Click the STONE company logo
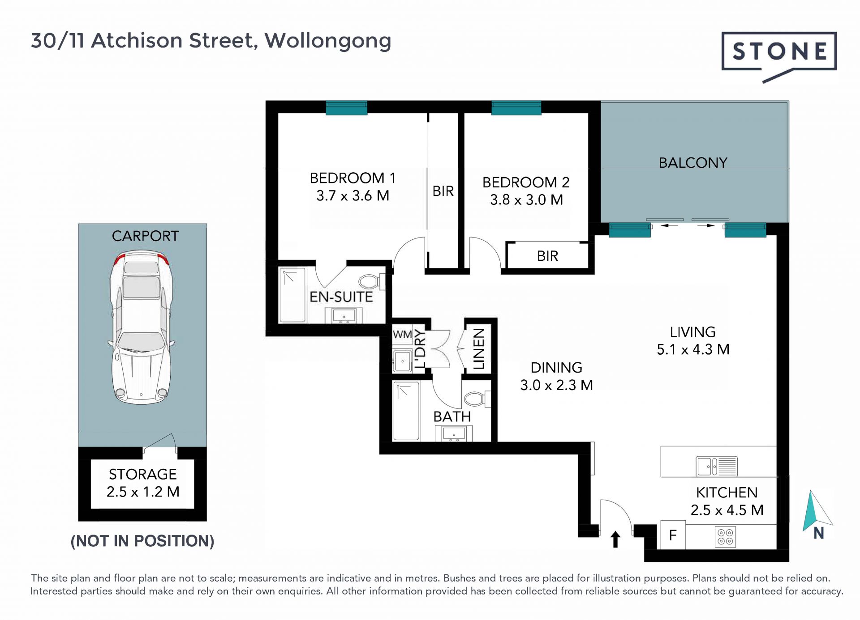coord(779,56)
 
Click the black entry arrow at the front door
coord(615,539)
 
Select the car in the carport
coord(142,327)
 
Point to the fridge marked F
coord(673,535)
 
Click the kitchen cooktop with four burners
coord(726,537)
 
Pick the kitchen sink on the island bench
coord(717,467)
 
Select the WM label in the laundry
coord(402,334)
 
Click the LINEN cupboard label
coord(479,349)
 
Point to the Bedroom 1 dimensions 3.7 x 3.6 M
coord(353,195)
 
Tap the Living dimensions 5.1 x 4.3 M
coord(693,349)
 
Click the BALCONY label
coord(693,162)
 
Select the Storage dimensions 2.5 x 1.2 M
coord(143,492)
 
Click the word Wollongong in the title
coord(328,41)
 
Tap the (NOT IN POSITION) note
coord(142,541)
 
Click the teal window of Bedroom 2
coord(516,108)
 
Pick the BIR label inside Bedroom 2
coord(547,256)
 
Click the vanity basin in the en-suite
coord(344,315)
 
